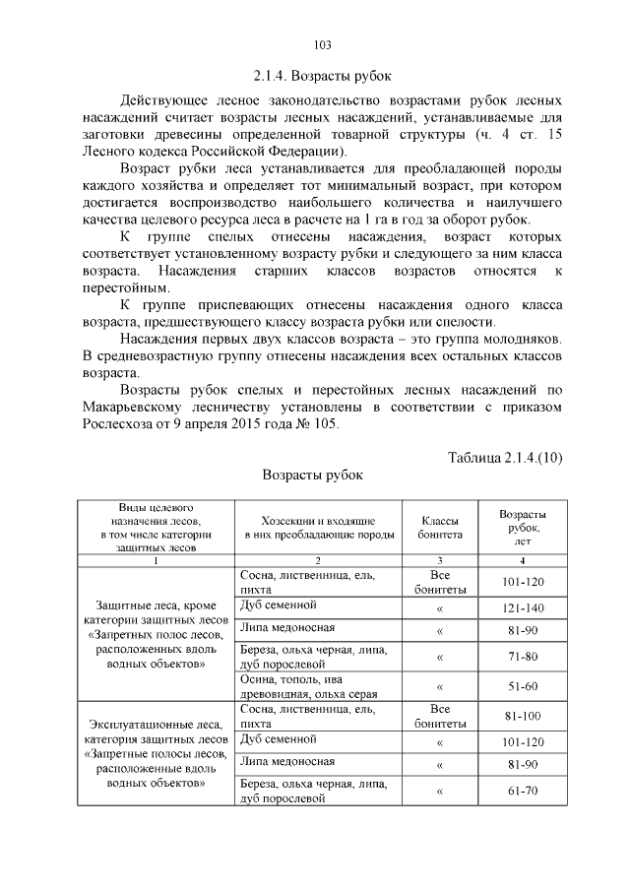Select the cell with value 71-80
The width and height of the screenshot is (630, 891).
pyautogui.click(x=523, y=657)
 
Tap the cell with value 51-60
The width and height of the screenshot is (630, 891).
pyautogui.click(x=523, y=687)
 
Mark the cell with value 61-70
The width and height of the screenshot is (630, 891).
pyautogui.click(x=523, y=791)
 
